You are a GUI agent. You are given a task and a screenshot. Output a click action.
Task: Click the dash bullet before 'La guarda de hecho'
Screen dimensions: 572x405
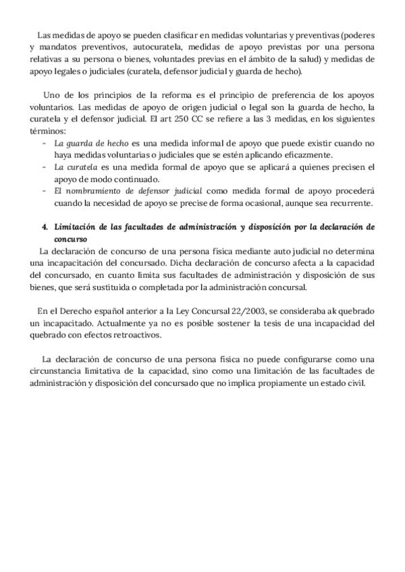45,144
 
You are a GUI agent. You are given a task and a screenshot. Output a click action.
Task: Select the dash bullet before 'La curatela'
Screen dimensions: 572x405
45,168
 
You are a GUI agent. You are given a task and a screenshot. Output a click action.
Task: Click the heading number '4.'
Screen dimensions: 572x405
45,227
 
